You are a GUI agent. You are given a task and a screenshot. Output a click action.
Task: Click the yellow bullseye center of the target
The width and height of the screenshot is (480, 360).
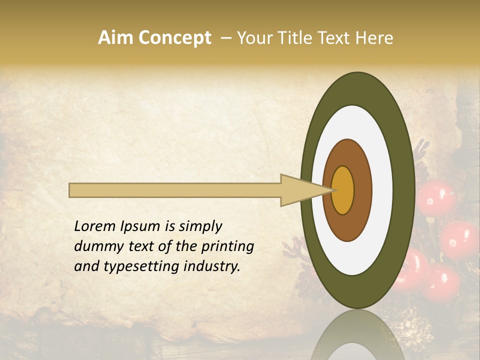[343, 190]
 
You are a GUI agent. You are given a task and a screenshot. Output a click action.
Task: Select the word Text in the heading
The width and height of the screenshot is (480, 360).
[336, 38]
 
